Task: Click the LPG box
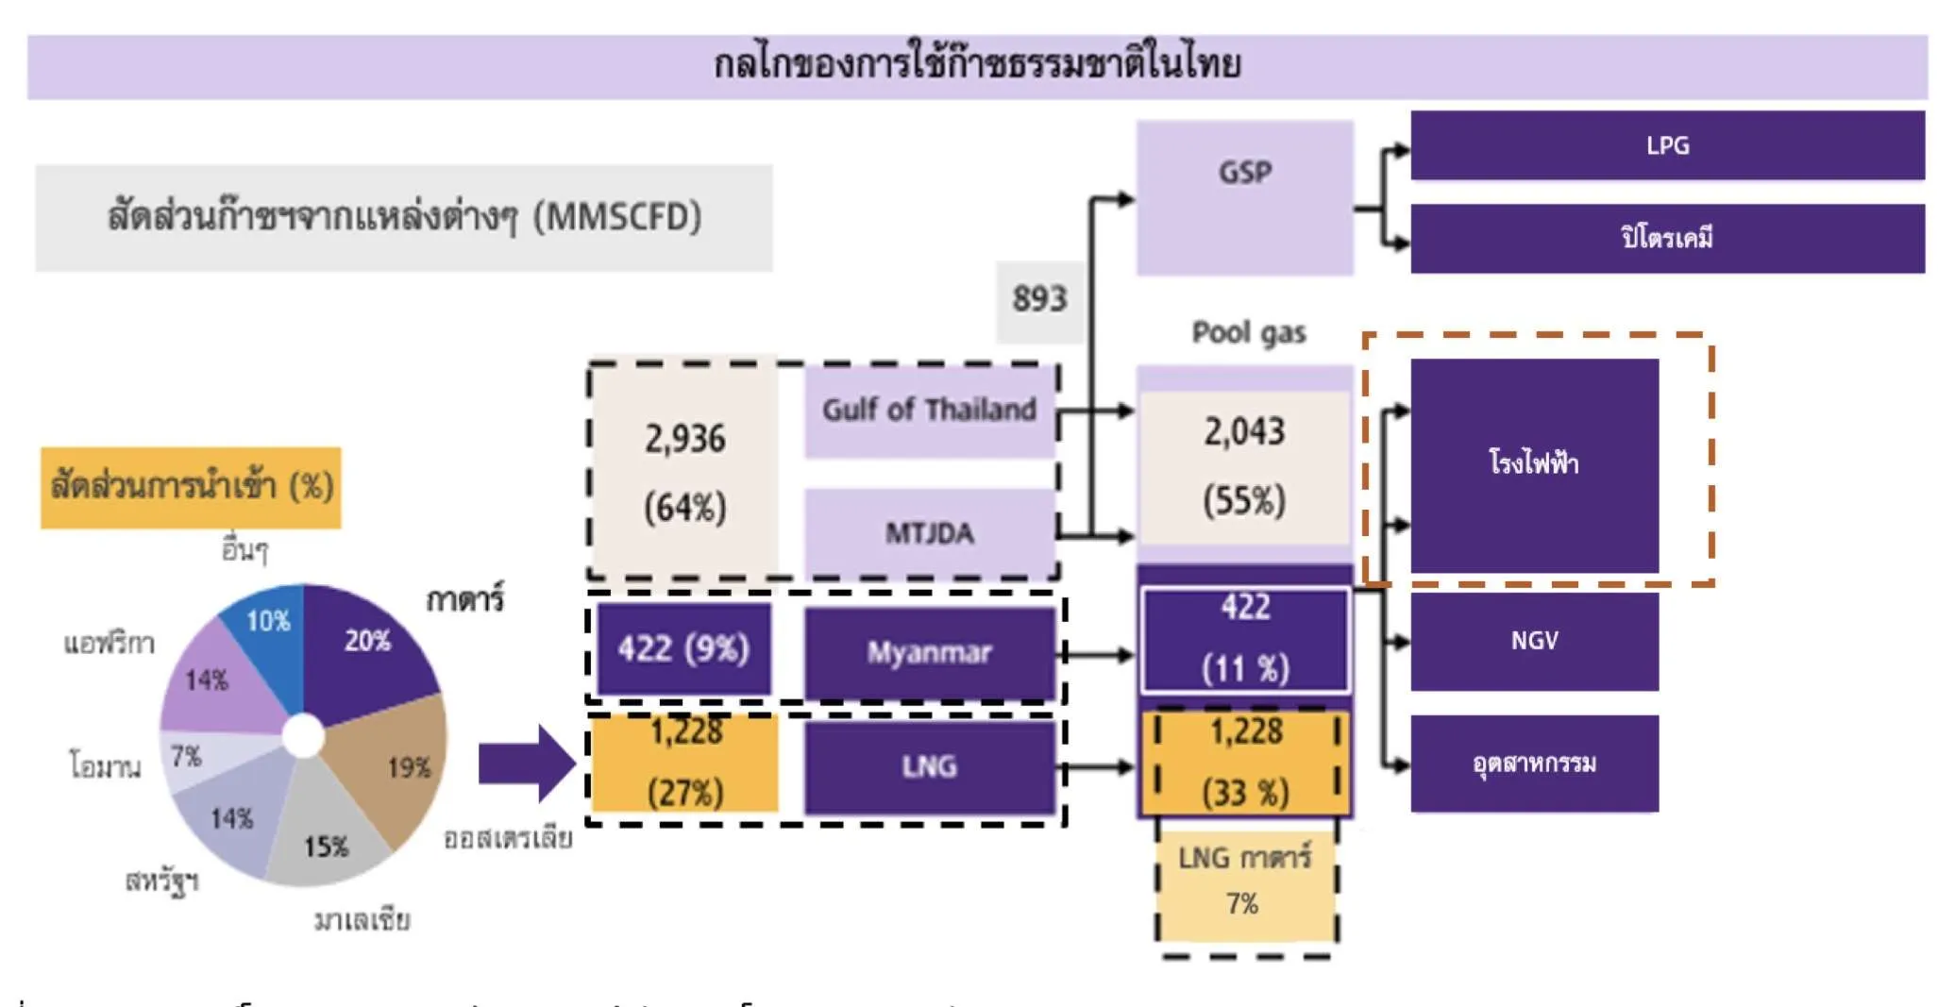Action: (1666, 145)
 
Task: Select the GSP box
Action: (1244, 197)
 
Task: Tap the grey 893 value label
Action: (1039, 300)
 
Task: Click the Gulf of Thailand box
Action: (929, 411)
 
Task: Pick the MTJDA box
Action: (929, 532)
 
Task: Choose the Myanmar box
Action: (929, 652)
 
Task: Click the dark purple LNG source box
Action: (929, 765)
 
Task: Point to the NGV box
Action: (1534, 641)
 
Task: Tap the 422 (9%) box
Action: (683, 649)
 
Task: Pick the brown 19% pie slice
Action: (396, 764)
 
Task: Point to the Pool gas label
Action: (1248, 333)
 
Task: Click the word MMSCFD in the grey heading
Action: (616, 218)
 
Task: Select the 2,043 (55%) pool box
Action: (1244, 465)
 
